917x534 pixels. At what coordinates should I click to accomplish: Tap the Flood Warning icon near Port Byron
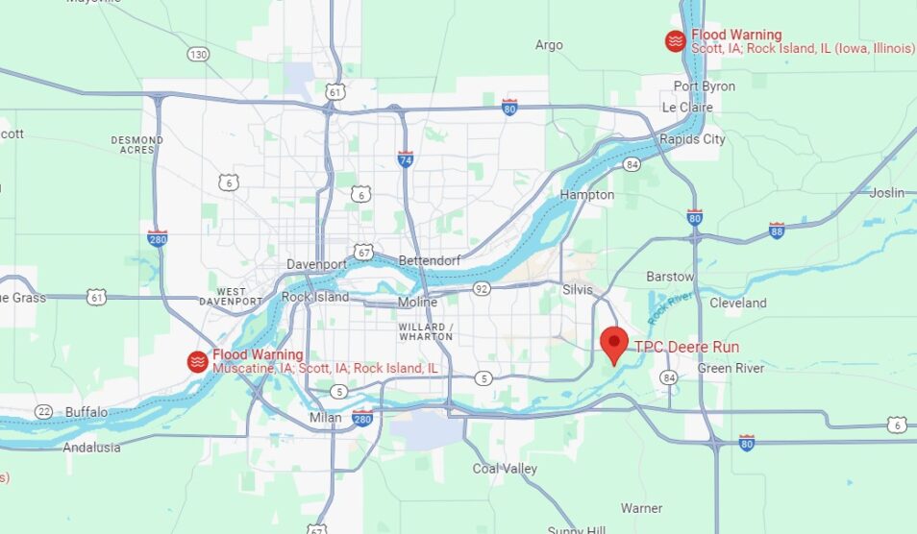click(x=676, y=40)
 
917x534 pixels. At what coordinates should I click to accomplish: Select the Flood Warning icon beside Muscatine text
click(x=197, y=361)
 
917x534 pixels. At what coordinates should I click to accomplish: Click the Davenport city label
click(x=315, y=264)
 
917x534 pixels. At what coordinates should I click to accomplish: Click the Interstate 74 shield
click(x=406, y=158)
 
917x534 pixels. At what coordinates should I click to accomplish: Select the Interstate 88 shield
click(x=777, y=230)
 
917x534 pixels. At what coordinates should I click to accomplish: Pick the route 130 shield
click(x=198, y=55)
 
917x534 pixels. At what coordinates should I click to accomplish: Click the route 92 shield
click(x=482, y=287)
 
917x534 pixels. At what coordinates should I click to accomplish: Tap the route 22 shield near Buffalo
click(x=43, y=411)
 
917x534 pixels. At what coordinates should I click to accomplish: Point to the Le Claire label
click(x=687, y=108)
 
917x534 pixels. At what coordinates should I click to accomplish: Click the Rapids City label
click(x=692, y=139)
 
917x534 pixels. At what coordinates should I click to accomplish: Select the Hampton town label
click(x=587, y=195)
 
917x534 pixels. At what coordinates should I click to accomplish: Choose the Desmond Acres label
click(x=136, y=145)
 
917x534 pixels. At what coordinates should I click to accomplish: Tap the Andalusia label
click(x=92, y=448)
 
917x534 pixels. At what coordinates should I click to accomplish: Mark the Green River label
click(x=731, y=369)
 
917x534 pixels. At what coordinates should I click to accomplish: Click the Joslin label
click(x=887, y=193)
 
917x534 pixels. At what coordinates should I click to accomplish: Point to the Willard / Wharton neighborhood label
click(x=424, y=331)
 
